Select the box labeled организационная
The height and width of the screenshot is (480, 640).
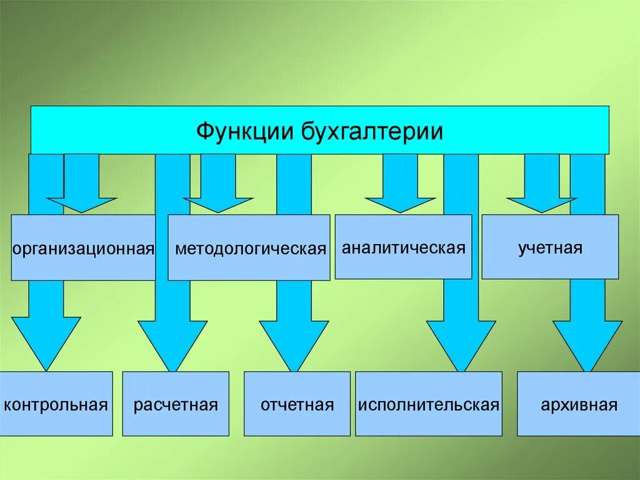point(83,248)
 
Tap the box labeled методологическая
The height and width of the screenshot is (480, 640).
point(249,248)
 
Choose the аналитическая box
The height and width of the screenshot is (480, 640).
point(404,247)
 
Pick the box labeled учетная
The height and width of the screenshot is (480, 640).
point(550,247)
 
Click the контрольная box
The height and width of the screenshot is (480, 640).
point(56,404)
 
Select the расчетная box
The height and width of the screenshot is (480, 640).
point(176,404)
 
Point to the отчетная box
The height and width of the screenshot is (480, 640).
point(297,404)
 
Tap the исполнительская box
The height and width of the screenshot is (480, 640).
point(429,404)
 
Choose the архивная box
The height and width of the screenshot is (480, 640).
point(579,404)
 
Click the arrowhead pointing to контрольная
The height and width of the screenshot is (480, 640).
point(46,341)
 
